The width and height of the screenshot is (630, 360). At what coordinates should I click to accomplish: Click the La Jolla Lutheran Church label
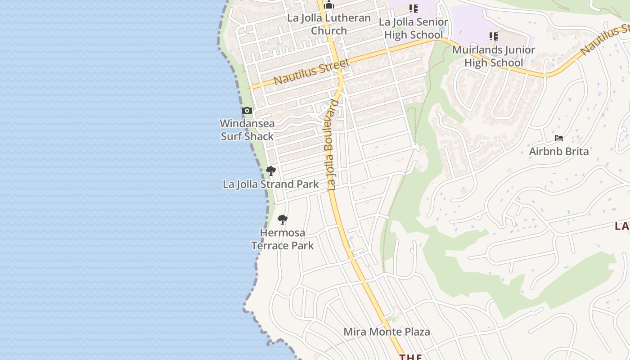[329, 24]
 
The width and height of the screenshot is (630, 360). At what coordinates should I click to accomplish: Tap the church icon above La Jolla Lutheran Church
[329, 5]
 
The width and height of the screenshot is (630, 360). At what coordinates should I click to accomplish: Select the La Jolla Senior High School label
[413, 28]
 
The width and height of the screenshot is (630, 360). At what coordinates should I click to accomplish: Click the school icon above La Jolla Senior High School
[413, 9]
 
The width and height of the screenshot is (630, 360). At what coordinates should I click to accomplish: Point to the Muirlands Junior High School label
[494, 56]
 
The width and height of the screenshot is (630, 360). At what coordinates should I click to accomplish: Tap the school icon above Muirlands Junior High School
[494, 36]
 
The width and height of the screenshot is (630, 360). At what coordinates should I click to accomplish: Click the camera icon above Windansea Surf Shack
[247, 111]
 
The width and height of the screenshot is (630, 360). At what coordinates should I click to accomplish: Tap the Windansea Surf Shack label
[247, 130]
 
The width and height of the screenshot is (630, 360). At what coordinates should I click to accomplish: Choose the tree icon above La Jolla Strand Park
[270, 171]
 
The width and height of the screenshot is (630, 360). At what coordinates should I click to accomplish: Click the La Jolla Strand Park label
[271, 184]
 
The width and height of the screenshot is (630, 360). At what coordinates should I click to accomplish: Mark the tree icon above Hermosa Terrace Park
[283, 220]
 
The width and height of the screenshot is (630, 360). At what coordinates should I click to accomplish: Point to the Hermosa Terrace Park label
[283, 239]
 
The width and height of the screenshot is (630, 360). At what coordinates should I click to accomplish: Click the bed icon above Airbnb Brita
[559, 138]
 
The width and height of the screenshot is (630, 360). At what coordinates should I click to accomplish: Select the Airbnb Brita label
[559, 151]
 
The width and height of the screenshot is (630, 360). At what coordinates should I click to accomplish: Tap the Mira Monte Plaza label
[387, 332]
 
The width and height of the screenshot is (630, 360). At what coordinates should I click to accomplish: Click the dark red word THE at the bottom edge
[410, 357]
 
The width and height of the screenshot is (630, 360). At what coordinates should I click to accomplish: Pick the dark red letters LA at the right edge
[622, 226]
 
